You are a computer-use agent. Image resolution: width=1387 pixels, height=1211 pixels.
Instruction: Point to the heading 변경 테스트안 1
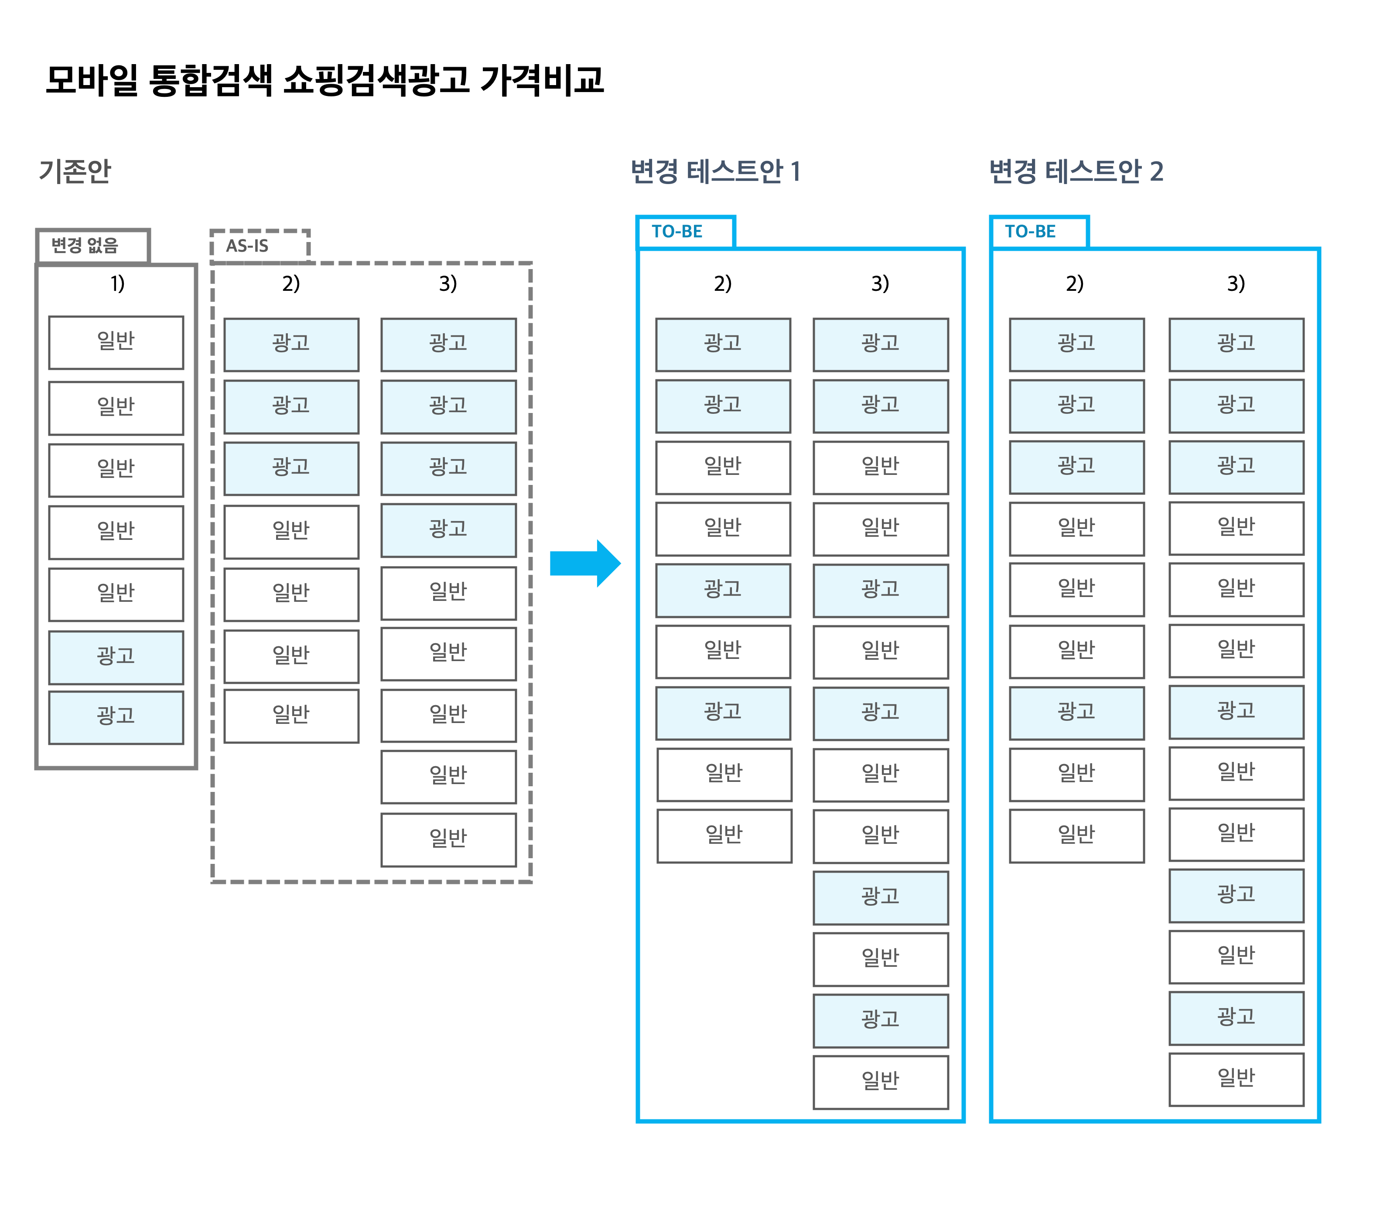click(x=716, y=171)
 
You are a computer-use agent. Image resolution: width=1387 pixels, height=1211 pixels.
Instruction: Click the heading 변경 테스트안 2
click(x=1076, y=171)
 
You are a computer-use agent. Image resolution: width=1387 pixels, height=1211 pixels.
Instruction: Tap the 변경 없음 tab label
click(x=85, y=246)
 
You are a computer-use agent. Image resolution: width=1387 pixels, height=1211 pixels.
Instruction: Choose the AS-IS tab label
click(x=247, y=246)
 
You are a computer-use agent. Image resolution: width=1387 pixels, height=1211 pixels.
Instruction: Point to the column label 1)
click(x=118, y=283)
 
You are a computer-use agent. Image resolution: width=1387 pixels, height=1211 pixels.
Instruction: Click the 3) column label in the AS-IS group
click(x=448, y=283)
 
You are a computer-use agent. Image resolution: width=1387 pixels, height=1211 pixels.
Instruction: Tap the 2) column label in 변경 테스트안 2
click(x=1075, y=283)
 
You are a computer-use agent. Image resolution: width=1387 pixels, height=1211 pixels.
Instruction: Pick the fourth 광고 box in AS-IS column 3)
click(x=448, y=530)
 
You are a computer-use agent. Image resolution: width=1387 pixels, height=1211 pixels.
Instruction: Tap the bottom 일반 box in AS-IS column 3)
click(x=448, y=840)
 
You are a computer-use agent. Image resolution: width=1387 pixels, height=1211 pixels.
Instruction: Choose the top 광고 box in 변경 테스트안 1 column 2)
click(x=723, y=345)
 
